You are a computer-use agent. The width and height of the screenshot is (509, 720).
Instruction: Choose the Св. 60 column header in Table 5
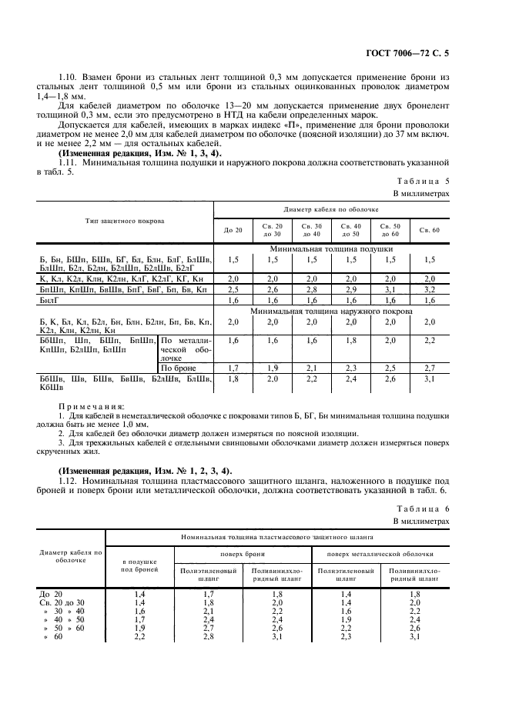pyautogui.click(x=429, y=229)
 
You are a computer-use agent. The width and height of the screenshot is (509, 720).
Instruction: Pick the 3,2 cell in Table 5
pyautogui.click(x=429, y=289)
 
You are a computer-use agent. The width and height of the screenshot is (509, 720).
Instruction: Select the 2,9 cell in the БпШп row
pyautogui.click(x=350, y=289)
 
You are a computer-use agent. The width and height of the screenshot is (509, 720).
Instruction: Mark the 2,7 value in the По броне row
pyautogui.click(x=429, y=368)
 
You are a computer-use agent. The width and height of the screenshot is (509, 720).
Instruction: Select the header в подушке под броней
pyautogui.click(x=139, y=567)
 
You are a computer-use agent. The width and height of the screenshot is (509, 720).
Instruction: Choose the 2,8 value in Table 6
pyautogui.click(x=207, y=637)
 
